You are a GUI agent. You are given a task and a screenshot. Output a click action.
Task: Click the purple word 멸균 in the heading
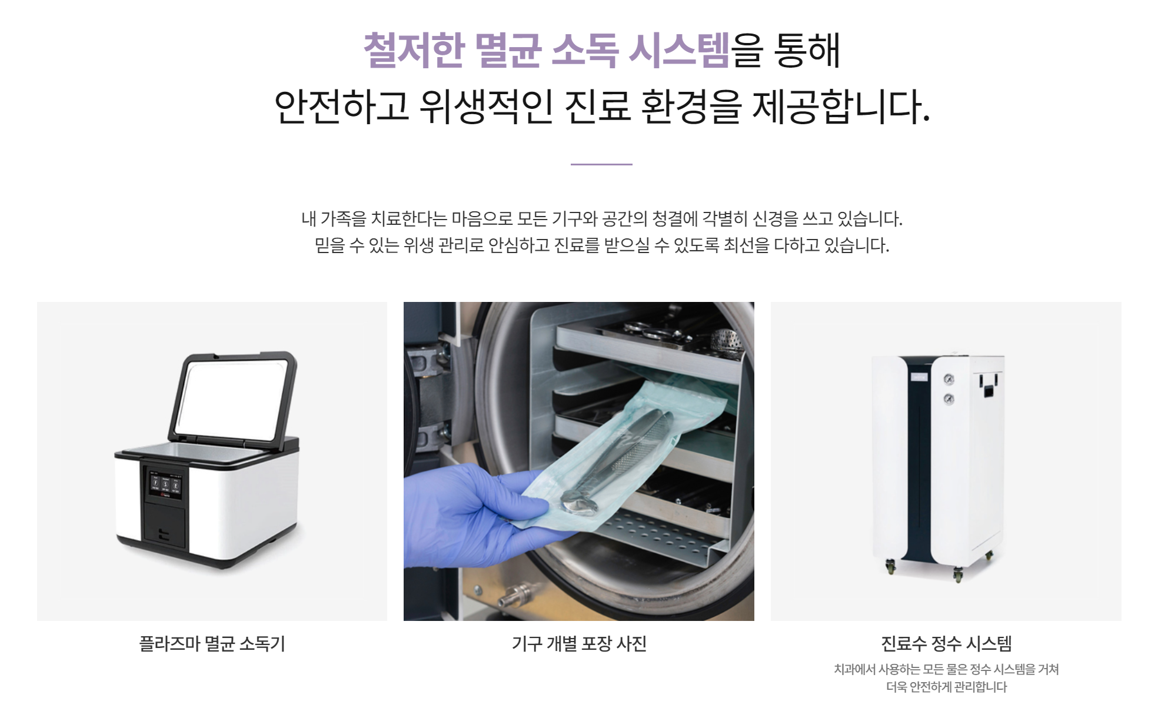coord(507,50)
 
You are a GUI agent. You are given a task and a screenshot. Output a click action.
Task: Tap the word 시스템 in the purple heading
coord(679,50)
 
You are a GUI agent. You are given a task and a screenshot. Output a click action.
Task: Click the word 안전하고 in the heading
coord(342,107)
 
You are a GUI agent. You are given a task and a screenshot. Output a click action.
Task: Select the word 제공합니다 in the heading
coord(841,107)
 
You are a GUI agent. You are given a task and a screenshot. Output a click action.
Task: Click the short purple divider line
coord(601,164)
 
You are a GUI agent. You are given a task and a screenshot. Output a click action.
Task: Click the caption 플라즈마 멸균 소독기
coord(212,643)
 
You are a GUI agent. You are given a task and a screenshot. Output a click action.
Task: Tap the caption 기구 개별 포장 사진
coord(579,643)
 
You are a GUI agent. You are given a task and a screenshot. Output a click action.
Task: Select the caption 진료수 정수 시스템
coord(946,643)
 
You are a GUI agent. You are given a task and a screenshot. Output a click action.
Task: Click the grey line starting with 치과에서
coord(946,669)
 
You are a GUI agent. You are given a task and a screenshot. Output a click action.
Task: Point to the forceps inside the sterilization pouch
coord(615,459)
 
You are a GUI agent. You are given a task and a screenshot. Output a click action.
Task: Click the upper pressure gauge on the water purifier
coord(949,379)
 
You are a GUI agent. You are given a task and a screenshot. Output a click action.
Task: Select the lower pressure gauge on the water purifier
coord(949,399)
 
